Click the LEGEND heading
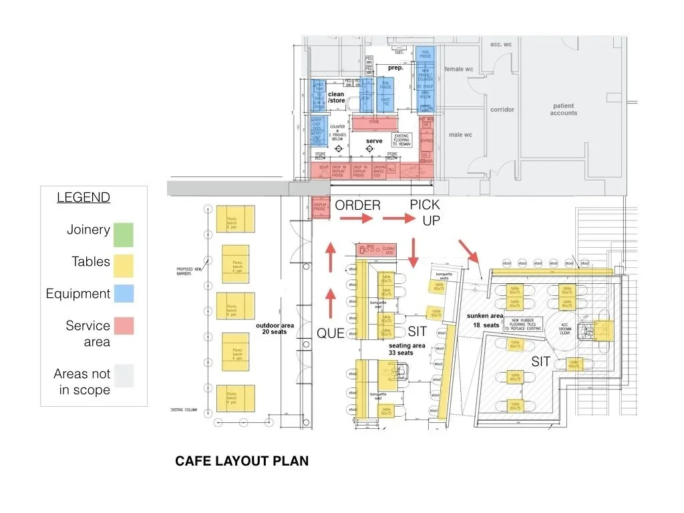(83, 198)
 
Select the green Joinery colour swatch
(123, 234)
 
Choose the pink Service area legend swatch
(123, 326)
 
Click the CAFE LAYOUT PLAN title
(242, 461)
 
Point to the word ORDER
(357, 205)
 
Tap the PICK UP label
(425, 212)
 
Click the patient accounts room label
(564, 110)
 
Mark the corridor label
(502, 110)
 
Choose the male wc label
(460, 135)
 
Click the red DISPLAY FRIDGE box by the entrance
(320, 209)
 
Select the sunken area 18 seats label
(486, 319)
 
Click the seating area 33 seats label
(407, 349)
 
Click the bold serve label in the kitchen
(374, 141)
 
